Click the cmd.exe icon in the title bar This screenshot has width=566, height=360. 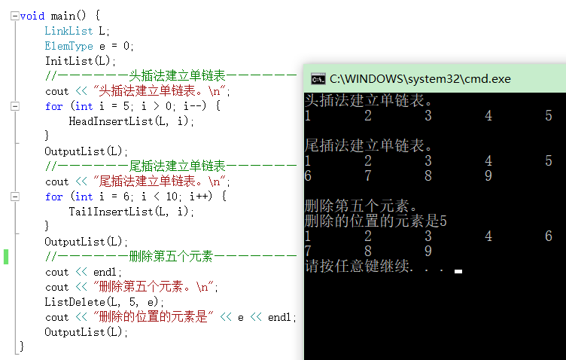pos(318,78)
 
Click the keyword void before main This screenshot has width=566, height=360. pos(32,15)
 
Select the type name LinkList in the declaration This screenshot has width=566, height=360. pos(68,31)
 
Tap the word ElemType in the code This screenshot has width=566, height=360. pos(68,46)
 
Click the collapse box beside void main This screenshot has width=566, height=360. pos(15,16)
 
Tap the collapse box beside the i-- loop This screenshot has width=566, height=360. pos(15,106)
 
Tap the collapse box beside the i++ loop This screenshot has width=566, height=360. pos(15,197)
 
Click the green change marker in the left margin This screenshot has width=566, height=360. pos(6,257)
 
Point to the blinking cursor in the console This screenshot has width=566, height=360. pos(458,270)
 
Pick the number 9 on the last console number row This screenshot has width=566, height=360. pos(428,251)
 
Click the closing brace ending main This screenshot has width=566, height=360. pos(22,346)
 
